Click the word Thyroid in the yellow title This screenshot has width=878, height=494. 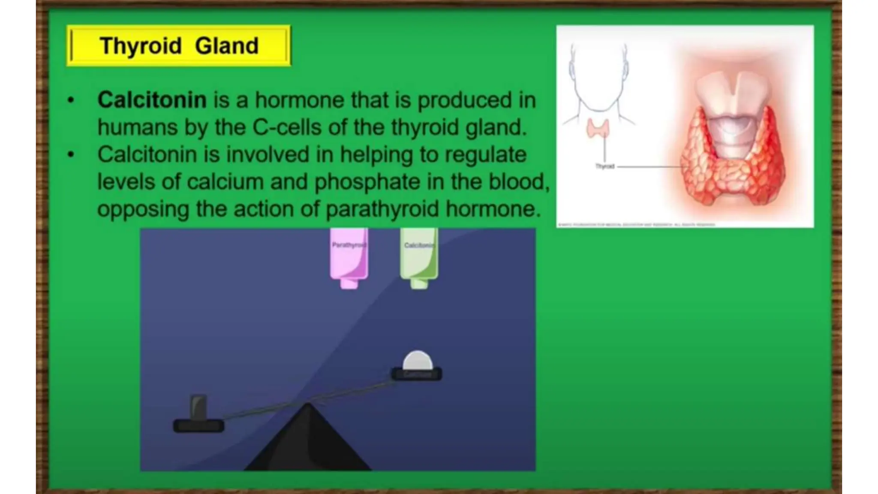tap(141, 46)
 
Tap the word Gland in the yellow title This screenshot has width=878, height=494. tap(226, 46)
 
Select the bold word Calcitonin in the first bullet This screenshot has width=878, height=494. tap(152, 100)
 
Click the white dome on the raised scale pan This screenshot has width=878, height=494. tap(417, 361)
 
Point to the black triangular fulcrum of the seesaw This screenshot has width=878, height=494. tap(307, 442)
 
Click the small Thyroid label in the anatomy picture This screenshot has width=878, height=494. tap(605, 166)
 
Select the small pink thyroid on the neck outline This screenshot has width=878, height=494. tap(598, 128)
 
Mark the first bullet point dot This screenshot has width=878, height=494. tap(71, 101)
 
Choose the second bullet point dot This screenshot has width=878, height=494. tap(71, 155)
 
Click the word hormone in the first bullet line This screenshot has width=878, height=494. tap(300, 100)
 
